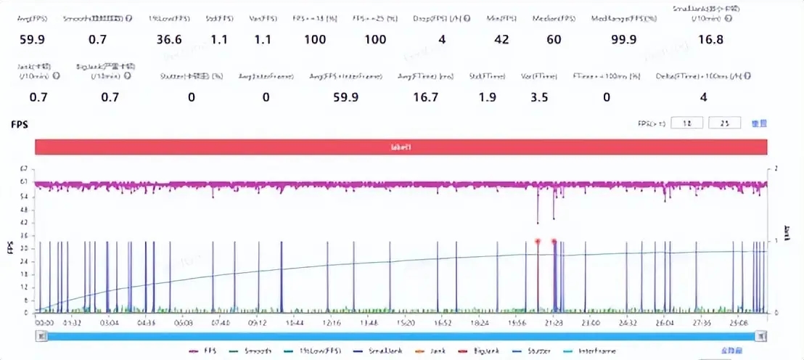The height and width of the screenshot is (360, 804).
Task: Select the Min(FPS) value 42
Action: click(x=501, y=40)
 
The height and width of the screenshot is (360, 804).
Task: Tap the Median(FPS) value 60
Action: click(x=554, y=40)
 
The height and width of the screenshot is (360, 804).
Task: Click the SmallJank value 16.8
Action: click(x=709, y=40)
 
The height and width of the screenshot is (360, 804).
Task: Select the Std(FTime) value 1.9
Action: click(x=487, y=98)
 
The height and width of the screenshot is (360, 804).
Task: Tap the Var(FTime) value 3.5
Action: click(x=539, y=98)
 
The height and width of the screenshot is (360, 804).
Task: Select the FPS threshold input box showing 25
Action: click(x=723, y=123)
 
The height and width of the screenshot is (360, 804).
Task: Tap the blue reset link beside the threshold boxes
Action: click(x=759, y=123)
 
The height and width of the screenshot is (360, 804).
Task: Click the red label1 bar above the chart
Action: click(x=401, y=147)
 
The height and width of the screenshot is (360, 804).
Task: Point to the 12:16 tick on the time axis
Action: click(x=332, y=322)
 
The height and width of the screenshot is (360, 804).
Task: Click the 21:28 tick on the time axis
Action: click(x=555, y=322)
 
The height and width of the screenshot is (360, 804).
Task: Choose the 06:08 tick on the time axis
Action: click(x=184, y=322)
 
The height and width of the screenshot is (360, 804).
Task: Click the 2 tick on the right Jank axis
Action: click(x=776, y=168)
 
